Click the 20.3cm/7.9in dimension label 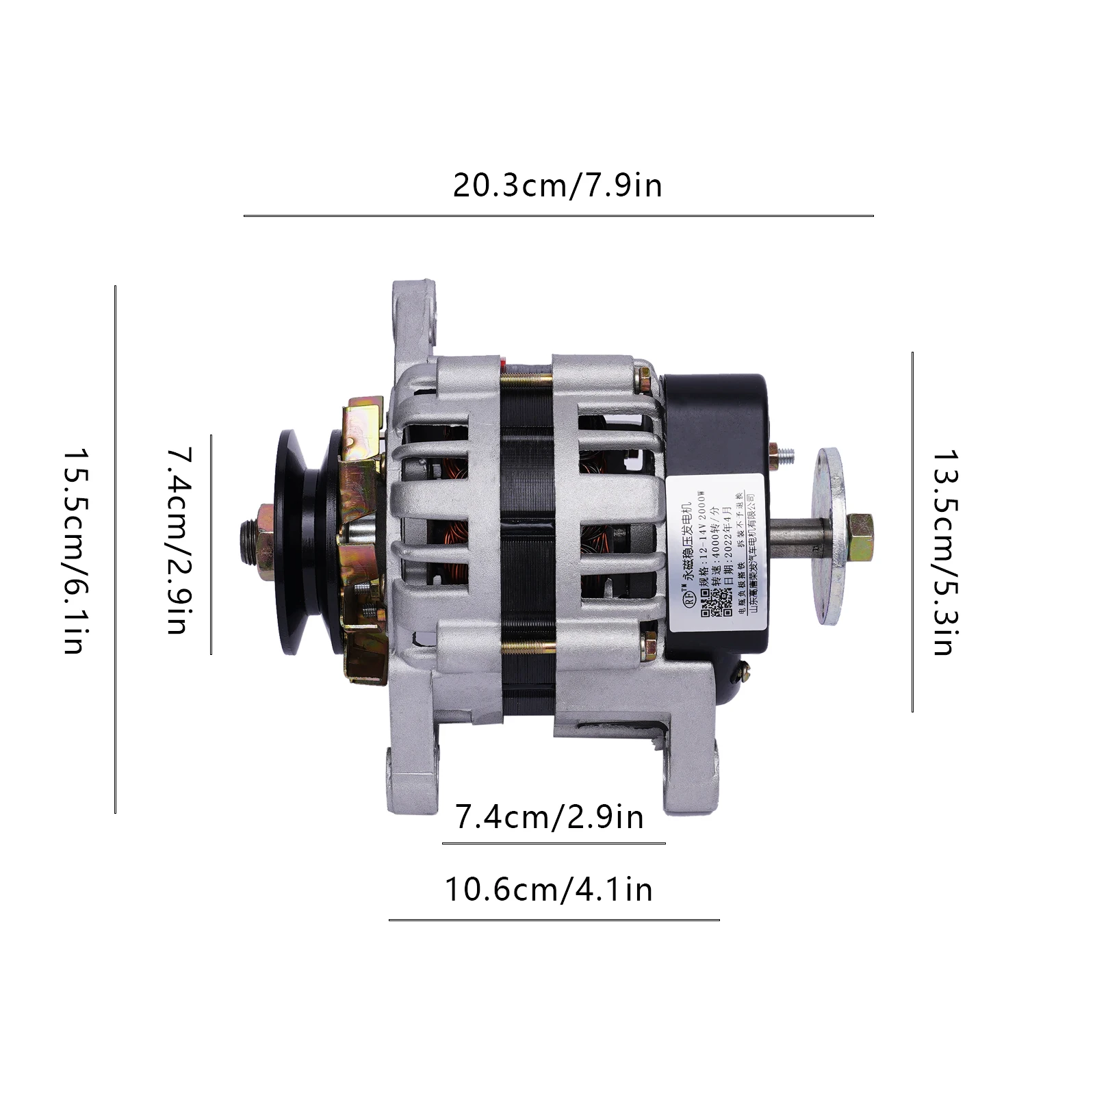click(x=557, y=186)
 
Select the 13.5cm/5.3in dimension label click(x=944, y=552)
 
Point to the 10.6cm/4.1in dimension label click(x=549, y=890)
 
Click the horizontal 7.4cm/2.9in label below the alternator click(x=549, y=817)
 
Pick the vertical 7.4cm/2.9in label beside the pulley click(x=179, y=541)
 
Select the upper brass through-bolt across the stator click(x=527, y=377)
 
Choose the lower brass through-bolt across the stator click(x=527, y=646)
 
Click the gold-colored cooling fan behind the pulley click(x=359, y=541)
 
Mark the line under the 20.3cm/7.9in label click(x=558, y=216)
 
